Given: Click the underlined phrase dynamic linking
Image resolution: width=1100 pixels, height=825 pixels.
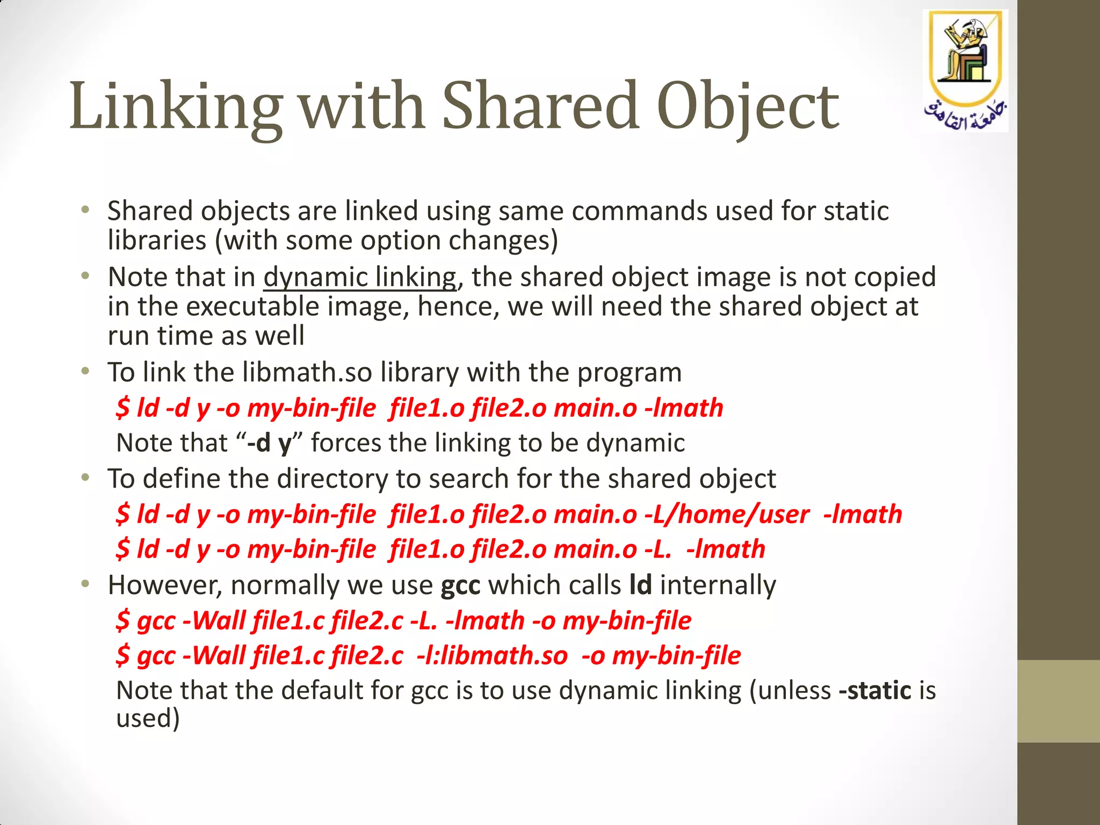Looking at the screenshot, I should tap(360, 277).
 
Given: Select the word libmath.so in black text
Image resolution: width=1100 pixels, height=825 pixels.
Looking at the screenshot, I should tap(307, 372).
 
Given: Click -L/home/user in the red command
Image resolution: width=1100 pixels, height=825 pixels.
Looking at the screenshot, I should tap(727, 514).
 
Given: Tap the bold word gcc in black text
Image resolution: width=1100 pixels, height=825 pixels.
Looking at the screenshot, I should tap(460, 585).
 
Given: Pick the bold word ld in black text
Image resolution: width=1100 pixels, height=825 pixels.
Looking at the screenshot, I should tap(641, 584).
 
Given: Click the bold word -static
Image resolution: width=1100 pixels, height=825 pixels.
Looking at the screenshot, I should tap(875, 690).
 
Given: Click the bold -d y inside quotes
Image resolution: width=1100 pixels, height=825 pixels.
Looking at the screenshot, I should tap(269, 443).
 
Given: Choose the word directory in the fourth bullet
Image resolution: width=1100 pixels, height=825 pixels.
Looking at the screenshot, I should tap(332, 479).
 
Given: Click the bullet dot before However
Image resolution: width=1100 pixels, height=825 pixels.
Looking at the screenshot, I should tap(85, 584).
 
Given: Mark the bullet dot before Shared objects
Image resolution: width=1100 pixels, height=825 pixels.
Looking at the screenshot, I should tap(85, 210).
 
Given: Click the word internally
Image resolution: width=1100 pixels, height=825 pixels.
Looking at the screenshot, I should tap(718, 585).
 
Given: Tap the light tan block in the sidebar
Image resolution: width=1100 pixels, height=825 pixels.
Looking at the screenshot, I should tap(1058, 701).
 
